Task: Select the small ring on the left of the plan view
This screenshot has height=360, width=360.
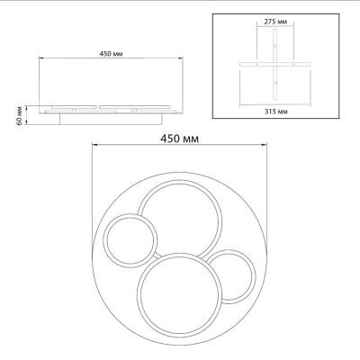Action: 130,241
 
